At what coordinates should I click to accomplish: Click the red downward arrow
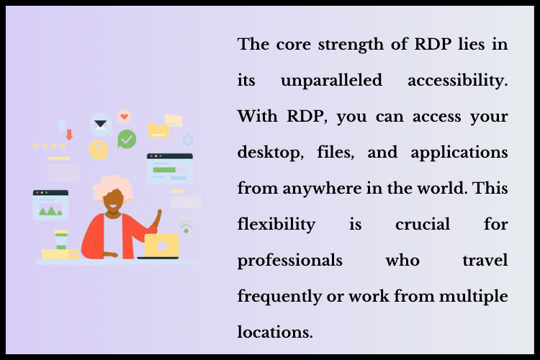click(x=69, y=134)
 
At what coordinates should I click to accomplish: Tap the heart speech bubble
click(x=124, y=116)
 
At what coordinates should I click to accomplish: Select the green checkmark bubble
click(x=127, y=139)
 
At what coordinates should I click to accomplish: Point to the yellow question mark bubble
click(x=98, y=150)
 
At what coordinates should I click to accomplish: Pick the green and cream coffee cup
click(x=61, y=239)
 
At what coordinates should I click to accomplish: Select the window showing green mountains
click(x=50, y=204)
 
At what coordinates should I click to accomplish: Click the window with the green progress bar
click(x=169, y=168)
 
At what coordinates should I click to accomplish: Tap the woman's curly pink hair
click(x=114, y=186)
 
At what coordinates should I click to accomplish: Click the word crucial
click(x=423, y=224)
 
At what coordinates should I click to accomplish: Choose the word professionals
click(x=290, y=260)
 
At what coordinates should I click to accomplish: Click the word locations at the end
click(x=274, y=332)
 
